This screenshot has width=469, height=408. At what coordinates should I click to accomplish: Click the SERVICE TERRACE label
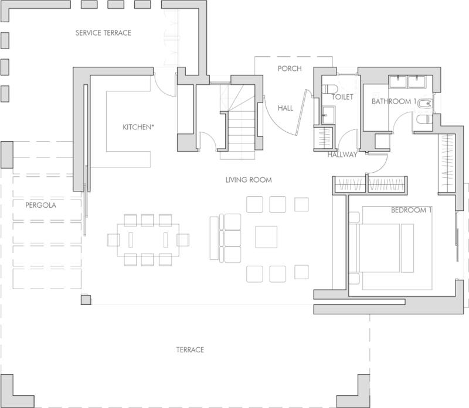point(103,33)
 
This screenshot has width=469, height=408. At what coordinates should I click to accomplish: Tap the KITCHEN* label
point(138,127)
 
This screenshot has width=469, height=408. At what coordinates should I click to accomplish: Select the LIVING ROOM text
point(249,180)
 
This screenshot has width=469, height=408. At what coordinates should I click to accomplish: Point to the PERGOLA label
point(40,205)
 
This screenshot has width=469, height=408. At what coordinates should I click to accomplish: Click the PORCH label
point(290,68)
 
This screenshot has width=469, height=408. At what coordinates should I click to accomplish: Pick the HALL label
point(286,108)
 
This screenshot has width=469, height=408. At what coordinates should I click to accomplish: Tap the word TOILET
point(342,97)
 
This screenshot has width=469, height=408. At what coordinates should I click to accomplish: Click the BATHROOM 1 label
point(394,101)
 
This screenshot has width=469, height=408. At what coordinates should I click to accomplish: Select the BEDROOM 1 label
point(412,210)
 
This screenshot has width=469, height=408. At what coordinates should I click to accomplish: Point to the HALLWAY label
point(342,155)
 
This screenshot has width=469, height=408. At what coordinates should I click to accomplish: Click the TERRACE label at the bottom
point(190,350)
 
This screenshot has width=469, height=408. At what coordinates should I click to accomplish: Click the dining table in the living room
point(148,240)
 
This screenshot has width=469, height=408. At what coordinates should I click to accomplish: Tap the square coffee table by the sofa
point(266,237)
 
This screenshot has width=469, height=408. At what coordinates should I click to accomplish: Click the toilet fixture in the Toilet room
point(329,89)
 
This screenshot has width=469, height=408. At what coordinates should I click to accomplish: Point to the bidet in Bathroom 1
point(424,104)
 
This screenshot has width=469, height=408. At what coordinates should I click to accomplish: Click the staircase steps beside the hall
point(241,130)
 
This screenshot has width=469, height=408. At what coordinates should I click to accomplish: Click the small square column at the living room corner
point(86,300)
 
